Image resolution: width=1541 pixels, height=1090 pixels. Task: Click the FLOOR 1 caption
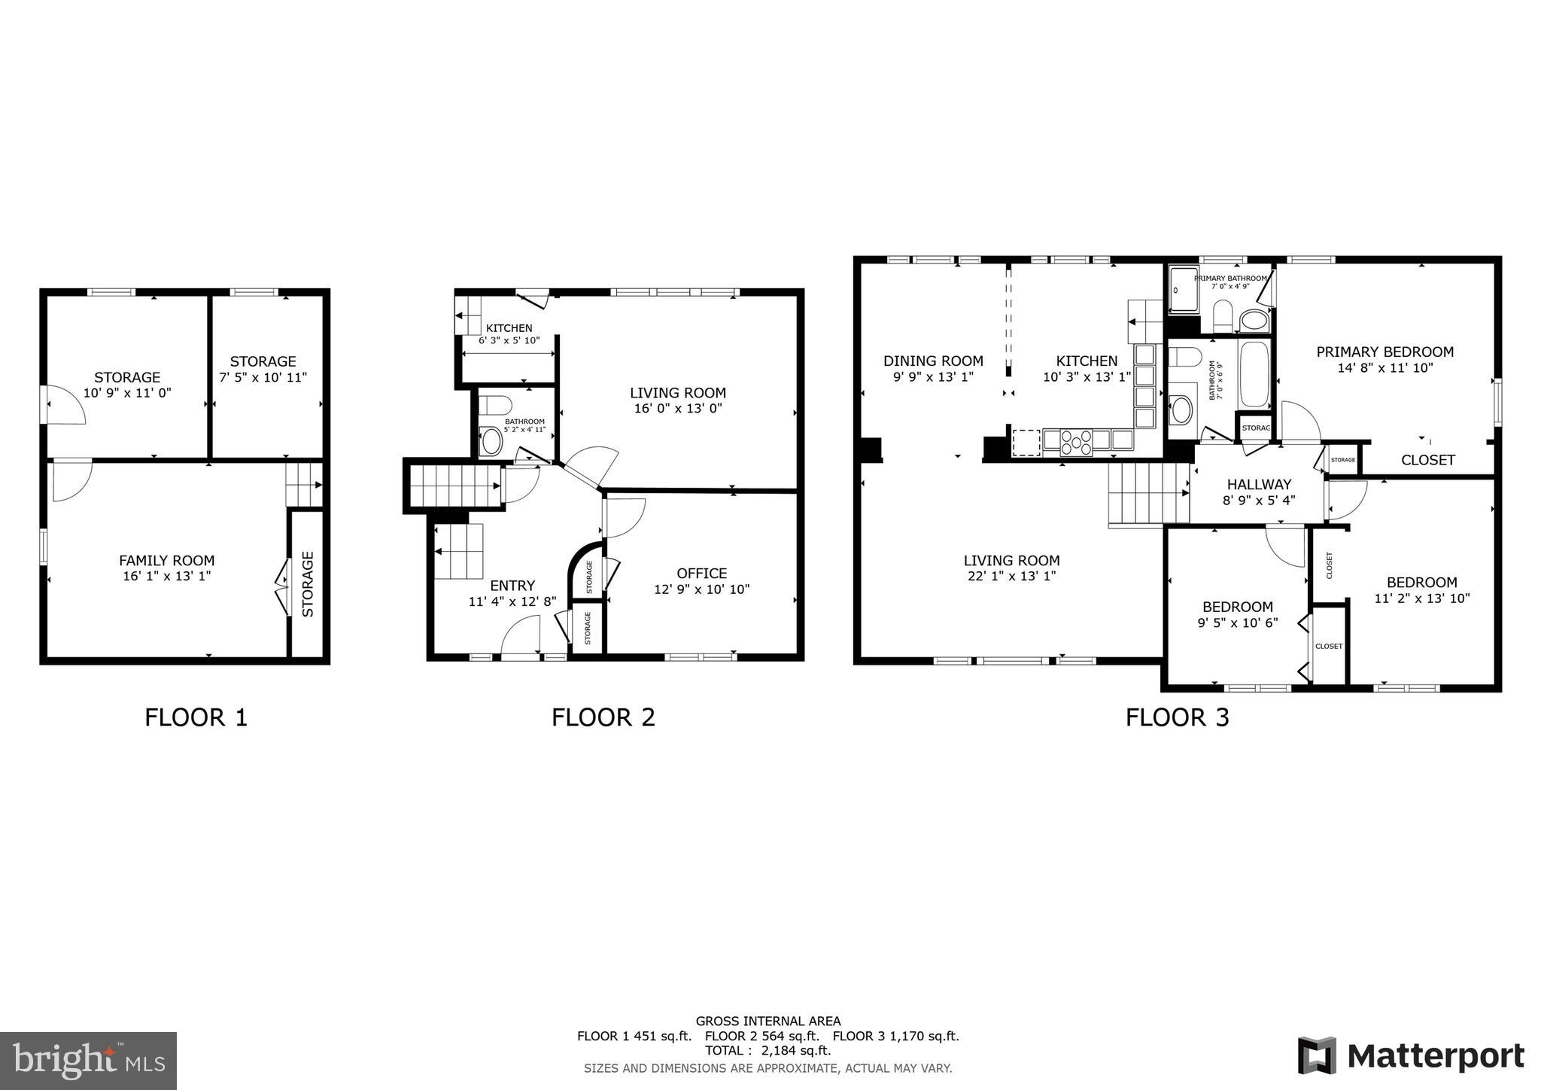196,717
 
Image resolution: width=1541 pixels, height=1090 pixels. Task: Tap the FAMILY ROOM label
166,561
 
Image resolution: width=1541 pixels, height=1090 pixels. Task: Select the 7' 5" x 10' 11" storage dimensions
263,377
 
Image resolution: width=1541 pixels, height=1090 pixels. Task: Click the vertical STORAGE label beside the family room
308,584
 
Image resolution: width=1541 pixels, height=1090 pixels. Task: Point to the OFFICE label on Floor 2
701,574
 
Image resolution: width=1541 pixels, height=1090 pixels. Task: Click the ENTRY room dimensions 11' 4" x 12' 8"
512,601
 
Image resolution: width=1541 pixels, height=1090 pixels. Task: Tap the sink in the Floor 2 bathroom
491,442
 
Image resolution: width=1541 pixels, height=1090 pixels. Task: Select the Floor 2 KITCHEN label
509,328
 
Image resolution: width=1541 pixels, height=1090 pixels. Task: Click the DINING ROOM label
933,361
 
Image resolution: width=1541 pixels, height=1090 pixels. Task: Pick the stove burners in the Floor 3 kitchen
1075,443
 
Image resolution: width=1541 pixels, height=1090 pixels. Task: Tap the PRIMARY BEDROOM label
1384,352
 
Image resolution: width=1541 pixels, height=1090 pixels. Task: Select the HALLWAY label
1259,485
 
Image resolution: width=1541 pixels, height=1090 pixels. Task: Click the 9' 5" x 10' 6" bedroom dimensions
1237,623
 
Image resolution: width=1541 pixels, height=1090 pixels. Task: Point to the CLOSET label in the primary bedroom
1427,460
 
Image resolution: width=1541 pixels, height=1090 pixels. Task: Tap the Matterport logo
1411,1055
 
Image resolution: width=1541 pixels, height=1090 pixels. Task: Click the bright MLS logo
88,1061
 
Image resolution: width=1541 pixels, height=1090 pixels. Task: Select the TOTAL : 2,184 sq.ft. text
767,1050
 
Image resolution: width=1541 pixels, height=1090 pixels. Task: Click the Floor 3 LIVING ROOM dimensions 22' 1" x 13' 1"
1011,576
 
